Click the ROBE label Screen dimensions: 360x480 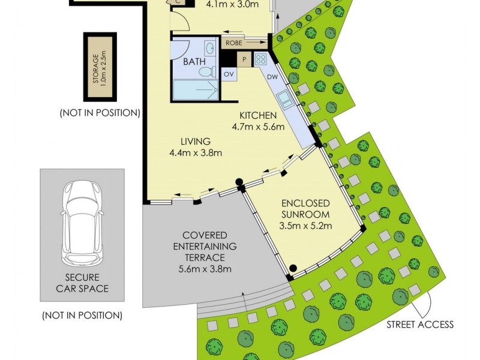(x=234, y=43)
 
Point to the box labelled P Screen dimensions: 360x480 (x=244, y=59)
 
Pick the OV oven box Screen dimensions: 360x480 (x=229, y=74)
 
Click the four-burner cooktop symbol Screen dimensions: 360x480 (x=260, y=59)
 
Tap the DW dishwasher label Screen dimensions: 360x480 (x=272, y=77)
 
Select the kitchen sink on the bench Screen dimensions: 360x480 (x=286, y=100)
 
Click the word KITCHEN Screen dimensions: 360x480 (x=257, y=115)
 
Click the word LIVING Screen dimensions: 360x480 (x=196, y=142)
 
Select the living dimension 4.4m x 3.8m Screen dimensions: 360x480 (x=196, y=153)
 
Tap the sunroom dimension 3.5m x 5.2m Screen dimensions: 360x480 (x=306, y=226)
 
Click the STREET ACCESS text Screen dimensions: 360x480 (x=420, y=325)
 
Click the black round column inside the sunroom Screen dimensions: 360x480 (x=293, y=268)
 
